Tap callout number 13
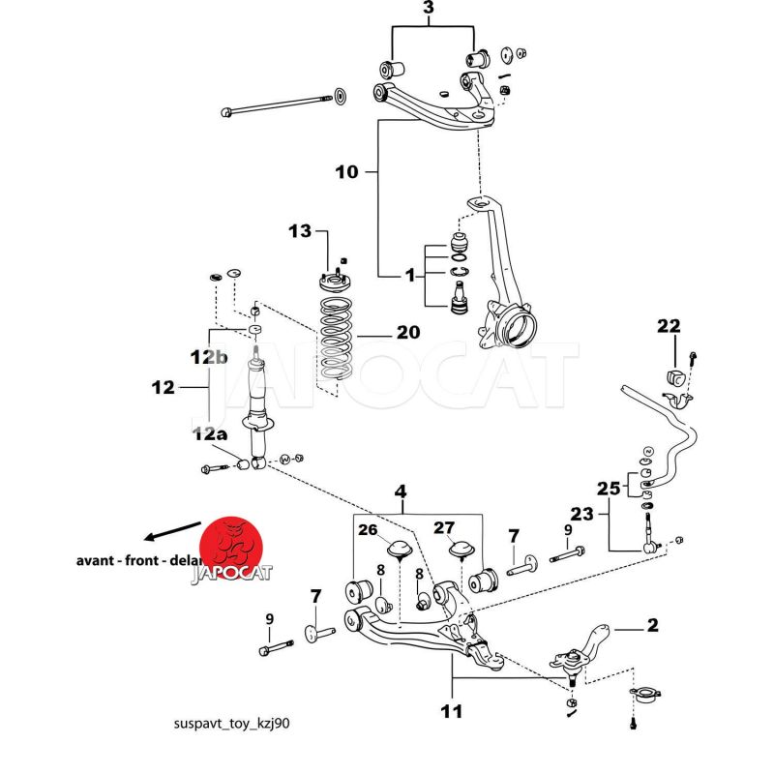[301, 230]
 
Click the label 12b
[208, 357]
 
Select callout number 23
[581, 515]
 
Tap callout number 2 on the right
[653, 625]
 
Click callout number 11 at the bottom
[451, 713]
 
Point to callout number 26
[368, 529]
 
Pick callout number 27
[443, 527]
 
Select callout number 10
[346, 172]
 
